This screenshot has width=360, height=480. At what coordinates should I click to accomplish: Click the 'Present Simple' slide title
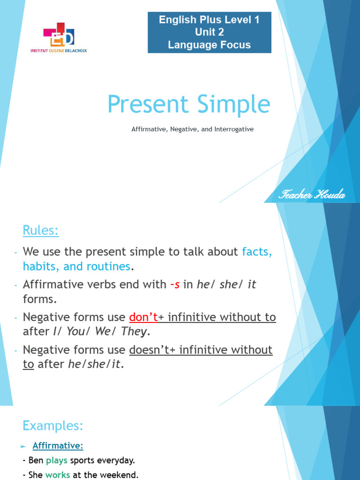pos(188,104)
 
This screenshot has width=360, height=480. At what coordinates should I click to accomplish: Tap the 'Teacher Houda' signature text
pos(312,195)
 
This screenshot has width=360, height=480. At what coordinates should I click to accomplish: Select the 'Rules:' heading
pos(41,231)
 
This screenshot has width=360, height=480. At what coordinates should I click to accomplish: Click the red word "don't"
pos(143,317)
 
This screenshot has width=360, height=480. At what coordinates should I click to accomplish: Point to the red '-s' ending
pos(174,285)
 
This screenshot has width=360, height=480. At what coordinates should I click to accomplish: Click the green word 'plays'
pos(57,460)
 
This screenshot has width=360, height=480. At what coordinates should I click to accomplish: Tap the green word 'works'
pos(57,475)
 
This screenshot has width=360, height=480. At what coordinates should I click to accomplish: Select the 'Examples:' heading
pos(52,426)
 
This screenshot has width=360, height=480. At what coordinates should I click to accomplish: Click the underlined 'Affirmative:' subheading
pos(58,446)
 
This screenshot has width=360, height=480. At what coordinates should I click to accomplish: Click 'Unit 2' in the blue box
pos(209,32)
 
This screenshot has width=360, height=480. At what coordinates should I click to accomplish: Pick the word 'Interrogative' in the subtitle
pos(234,129)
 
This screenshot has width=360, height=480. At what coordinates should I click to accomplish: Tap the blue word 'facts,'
pos(257,252)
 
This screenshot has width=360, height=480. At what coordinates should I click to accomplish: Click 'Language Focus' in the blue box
pos(209,45)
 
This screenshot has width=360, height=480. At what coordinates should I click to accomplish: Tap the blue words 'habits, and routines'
pos(76,267)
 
